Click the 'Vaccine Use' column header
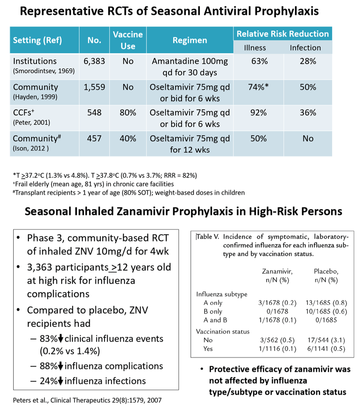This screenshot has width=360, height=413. coord(128,41)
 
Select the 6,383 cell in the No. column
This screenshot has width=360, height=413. coord(94,61)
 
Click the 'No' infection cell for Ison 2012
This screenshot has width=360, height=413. coord(307,139)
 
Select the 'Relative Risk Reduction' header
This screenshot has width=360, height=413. coord(283,34)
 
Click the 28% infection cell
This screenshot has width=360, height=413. coord(307,61)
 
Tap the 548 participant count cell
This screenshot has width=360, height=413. coord(94,113)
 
